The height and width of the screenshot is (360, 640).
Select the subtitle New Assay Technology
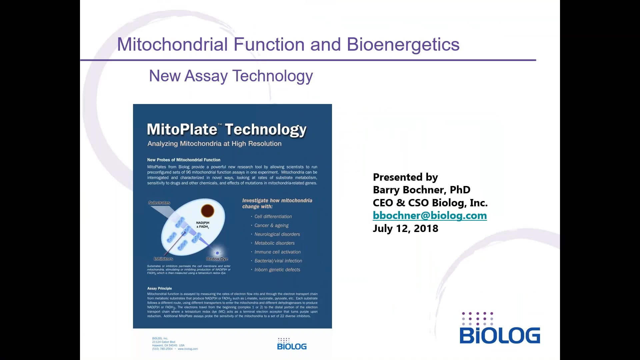(231, 76)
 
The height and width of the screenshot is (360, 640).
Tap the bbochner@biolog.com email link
(430, 216)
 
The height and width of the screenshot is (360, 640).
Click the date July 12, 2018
(405, 229)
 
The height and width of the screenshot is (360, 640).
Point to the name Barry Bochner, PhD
(421, 190)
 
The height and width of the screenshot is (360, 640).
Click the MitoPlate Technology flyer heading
(227, 129)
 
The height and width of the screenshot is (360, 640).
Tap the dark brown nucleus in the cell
(207, 211)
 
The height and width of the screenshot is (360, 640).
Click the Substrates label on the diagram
(159, 203)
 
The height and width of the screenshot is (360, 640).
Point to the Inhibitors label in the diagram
(163, 259)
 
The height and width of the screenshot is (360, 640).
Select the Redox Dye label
(217, 259)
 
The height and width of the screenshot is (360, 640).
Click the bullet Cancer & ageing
(271, 226)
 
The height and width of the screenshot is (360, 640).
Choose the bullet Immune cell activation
(277, 252)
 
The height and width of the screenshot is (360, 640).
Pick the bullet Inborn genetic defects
(277, 270)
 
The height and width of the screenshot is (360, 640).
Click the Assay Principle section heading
(160, 288)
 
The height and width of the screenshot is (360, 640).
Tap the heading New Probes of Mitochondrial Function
(184, 160)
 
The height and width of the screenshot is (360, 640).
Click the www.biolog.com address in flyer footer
(188, 349)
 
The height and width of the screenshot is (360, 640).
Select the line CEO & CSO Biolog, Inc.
(430, 203)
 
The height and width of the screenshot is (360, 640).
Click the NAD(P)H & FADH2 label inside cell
(203, 225)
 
